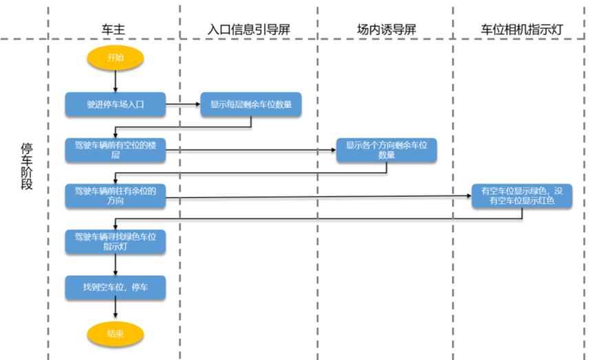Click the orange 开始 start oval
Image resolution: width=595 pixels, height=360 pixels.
[x=116, y=59]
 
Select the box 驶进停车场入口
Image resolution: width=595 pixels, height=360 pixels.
[x=116, y=105]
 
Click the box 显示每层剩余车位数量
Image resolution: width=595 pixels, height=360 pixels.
[x=251, y=105]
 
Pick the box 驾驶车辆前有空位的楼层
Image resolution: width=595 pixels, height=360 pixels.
[x=116, y=151]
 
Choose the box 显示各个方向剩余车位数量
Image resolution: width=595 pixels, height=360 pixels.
[x=387, y=150]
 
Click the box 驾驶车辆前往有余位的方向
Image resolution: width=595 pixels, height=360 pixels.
[x=116, y=195]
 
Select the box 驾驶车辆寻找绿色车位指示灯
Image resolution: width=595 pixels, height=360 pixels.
[x=116, y=241]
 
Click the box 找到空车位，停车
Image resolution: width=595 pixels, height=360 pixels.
[x=116, y=287]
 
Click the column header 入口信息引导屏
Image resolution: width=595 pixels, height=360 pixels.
[x=248, y=30]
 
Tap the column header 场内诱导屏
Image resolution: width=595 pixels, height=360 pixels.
[x=386, y=30]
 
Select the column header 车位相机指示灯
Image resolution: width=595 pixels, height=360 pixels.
[x=522, y=30]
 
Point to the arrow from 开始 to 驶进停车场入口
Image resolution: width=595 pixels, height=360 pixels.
[x=116, y=81]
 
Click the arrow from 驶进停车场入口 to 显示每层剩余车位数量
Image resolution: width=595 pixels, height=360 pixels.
[x=183, y=105]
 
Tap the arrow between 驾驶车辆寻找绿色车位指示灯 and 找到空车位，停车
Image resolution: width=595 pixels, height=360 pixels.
[x=116, y=264]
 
